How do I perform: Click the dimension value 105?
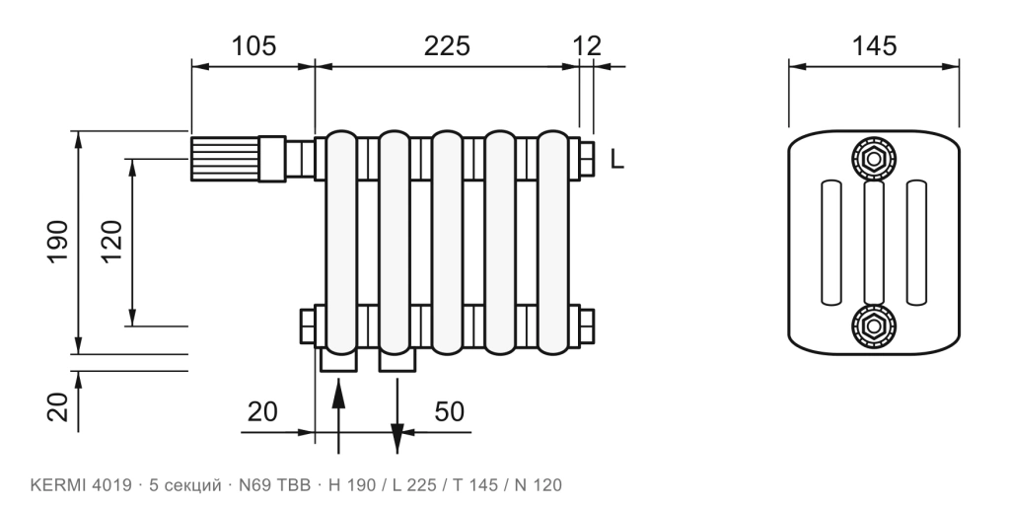pyautogui.click(x=253, y=46)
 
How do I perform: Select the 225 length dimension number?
pyautogui.click(x=447, y=46)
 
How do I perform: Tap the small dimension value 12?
pyautogui.click(x=587, y=46)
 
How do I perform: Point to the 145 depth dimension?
pyautogui.click(x=874, y=46)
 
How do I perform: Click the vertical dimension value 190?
pyautogui.click(x=58, y=243)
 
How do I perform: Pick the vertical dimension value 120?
pyautogui.click(x=111, y=243)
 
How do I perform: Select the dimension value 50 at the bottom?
pyautogui.click(x=449, y=411)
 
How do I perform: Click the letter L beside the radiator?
pyautogui.click(x=616, y=159)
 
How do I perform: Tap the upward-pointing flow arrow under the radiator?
pyautogui.click(x=338, y=416)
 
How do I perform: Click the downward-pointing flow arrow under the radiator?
pyautogui.click(x=397, y=416)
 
